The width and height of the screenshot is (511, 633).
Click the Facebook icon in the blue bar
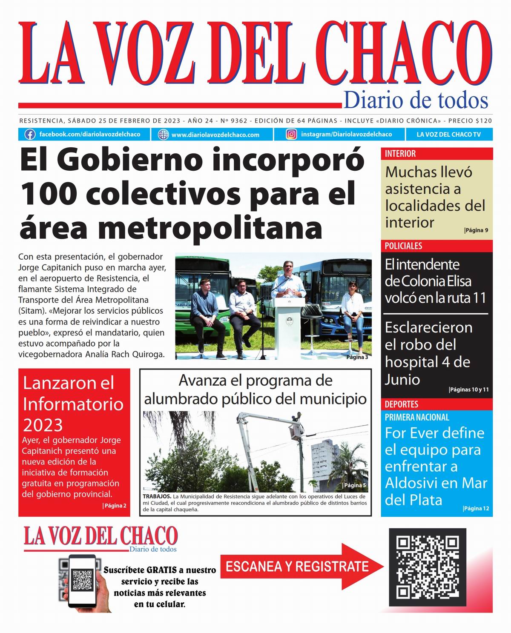click(x=30, y=135)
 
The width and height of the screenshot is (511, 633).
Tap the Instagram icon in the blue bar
click(x=291, y=135)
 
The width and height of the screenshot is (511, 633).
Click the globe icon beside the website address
click(x=164, y=135)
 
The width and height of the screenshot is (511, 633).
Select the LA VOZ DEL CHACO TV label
click(x=448, y=135)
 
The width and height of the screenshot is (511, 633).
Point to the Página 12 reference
click(x=476, y=508)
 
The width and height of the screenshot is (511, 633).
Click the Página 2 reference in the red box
click(x=115, y=506)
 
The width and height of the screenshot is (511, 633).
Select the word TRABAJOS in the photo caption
click(x=157, y=496)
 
